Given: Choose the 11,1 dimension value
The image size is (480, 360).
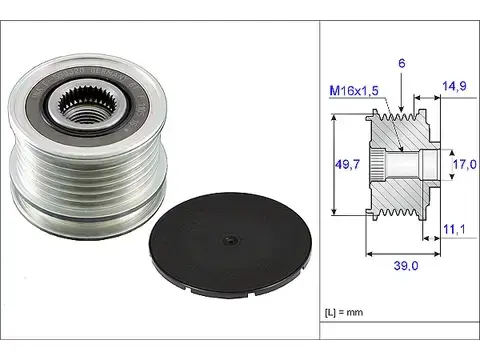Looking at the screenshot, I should pyautogui.click(x=456, y=230).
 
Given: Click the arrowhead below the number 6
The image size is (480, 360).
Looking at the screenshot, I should pyautogui.click(x=402, y=107).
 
